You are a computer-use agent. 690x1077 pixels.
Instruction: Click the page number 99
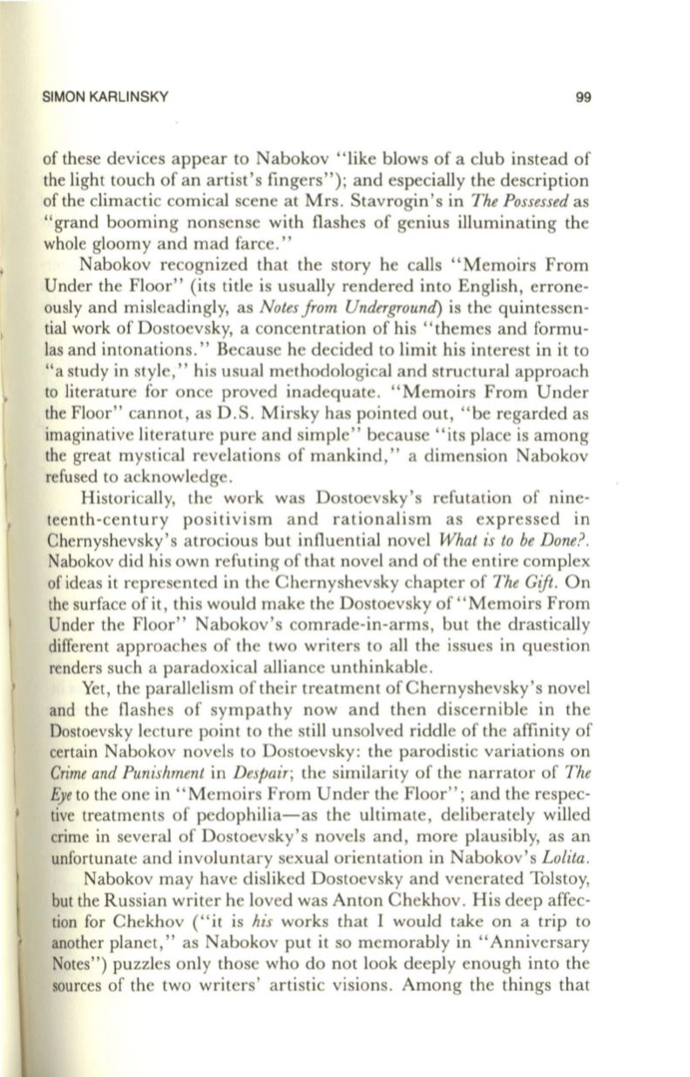tap(584, 98)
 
